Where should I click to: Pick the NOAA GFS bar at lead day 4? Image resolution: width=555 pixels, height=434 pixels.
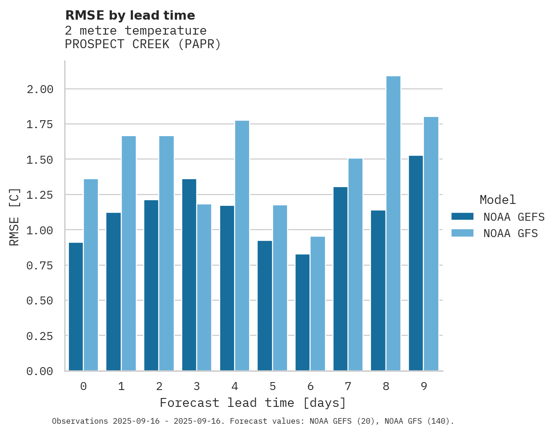tap(242, 246)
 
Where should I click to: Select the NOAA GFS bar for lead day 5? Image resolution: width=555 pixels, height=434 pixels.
tap(280, 288)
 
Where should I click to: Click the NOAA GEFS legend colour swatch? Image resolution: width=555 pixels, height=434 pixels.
tap(462, 217)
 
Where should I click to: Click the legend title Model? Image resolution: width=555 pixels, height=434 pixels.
tap(498, 200)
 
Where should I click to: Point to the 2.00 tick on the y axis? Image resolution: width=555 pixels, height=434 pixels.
tap(40, 89)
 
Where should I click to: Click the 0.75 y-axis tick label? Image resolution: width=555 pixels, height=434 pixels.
tap(40, 266)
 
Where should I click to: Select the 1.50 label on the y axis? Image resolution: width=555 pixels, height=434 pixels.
tap(40, 160)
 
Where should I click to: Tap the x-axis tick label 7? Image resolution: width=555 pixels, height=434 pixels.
tap(348, 386)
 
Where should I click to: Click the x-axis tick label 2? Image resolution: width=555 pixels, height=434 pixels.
tap(159, 386)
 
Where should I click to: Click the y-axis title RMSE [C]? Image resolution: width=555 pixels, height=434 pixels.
tap(15, 217)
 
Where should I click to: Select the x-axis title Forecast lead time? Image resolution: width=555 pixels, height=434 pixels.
tap(253, 403)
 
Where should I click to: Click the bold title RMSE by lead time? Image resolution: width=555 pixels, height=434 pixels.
tap(130, 15)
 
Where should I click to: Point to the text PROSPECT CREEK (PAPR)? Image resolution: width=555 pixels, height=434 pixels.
tap(143, 44)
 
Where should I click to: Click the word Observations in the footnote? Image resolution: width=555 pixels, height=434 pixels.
tap(80, 421)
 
